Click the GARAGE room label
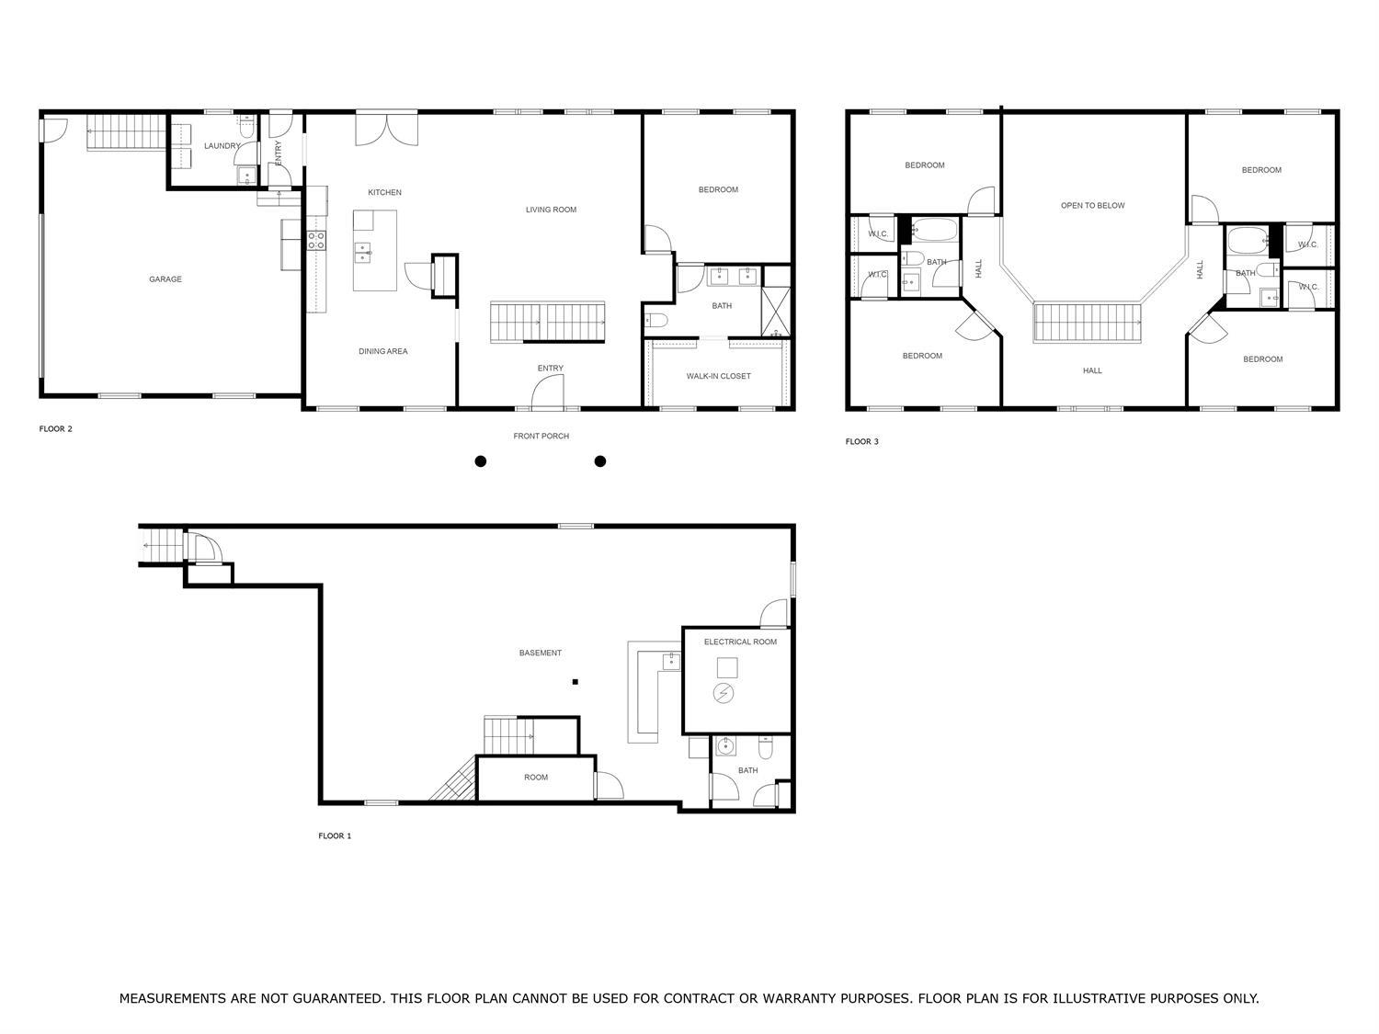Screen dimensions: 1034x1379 point(165,279)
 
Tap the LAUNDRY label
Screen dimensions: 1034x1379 point(222,146)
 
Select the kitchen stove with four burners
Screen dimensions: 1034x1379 point(315,241)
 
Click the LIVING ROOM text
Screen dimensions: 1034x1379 point(551,210)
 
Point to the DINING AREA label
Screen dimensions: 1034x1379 point(382,351)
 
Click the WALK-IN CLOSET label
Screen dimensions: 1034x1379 point(718,376)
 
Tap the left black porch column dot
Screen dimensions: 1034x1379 point(480,461)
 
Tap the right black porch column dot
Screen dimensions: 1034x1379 point(600,461)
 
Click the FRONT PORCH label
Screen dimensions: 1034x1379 point(541,436)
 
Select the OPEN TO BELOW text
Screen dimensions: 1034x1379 point(1092,206)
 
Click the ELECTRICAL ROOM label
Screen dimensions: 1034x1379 point(740,642)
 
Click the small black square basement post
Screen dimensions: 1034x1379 point(576,682)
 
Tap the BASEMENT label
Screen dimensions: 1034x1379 point(540,653)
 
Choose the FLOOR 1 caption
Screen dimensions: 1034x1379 point(335,836)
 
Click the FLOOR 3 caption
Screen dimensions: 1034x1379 point(861,442)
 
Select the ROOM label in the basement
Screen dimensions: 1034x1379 point(536,778)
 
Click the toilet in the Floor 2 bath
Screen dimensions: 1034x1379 point(655,320)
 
